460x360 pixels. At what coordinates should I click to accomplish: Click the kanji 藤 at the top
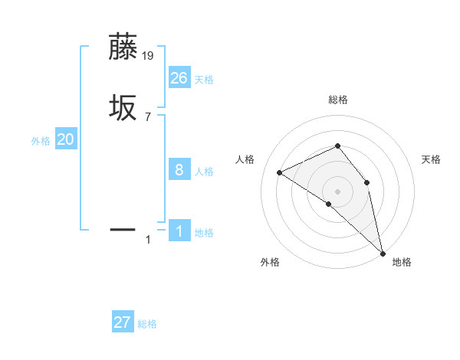pos(123,47)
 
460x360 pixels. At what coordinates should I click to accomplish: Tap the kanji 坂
pos(123,108)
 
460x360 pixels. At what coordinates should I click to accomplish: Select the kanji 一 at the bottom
pos(123,228)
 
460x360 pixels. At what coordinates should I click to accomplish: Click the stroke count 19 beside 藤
pos(149,56)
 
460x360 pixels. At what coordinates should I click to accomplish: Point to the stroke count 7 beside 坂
pos(148,117)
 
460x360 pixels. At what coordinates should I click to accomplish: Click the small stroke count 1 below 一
pos(148,240)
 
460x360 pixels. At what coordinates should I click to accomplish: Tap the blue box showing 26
pos(179,78)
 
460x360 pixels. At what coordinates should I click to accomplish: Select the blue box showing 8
pos(179,170)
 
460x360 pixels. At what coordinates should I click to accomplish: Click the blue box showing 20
pos(65,139)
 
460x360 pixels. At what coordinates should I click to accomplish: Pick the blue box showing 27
pos(122,322)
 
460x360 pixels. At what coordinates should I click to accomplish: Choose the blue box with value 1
pos(179,231)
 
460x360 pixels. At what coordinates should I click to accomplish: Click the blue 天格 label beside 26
pos(204,80)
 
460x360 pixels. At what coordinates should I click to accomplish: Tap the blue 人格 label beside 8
pos(204,172)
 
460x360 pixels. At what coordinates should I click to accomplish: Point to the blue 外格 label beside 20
pos(41,141)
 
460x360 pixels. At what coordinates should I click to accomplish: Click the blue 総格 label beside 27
pos(147,324)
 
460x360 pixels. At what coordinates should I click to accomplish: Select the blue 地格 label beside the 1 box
pos(204,233)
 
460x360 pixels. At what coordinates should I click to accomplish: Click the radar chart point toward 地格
pos(382,252)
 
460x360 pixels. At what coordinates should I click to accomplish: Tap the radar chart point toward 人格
pos(280,172)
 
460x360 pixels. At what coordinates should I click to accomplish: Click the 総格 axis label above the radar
pos(337,100)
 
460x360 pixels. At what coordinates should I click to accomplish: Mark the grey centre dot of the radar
pos(337,191)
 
